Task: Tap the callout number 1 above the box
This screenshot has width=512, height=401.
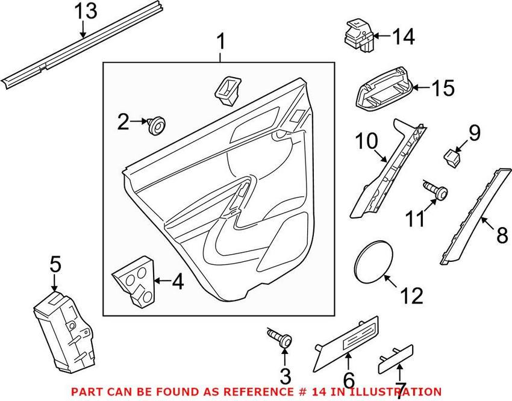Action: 220,42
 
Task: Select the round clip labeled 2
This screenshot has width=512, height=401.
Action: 158,125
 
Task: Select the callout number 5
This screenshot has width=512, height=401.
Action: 55,264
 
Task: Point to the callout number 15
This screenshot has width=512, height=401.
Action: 443,89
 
